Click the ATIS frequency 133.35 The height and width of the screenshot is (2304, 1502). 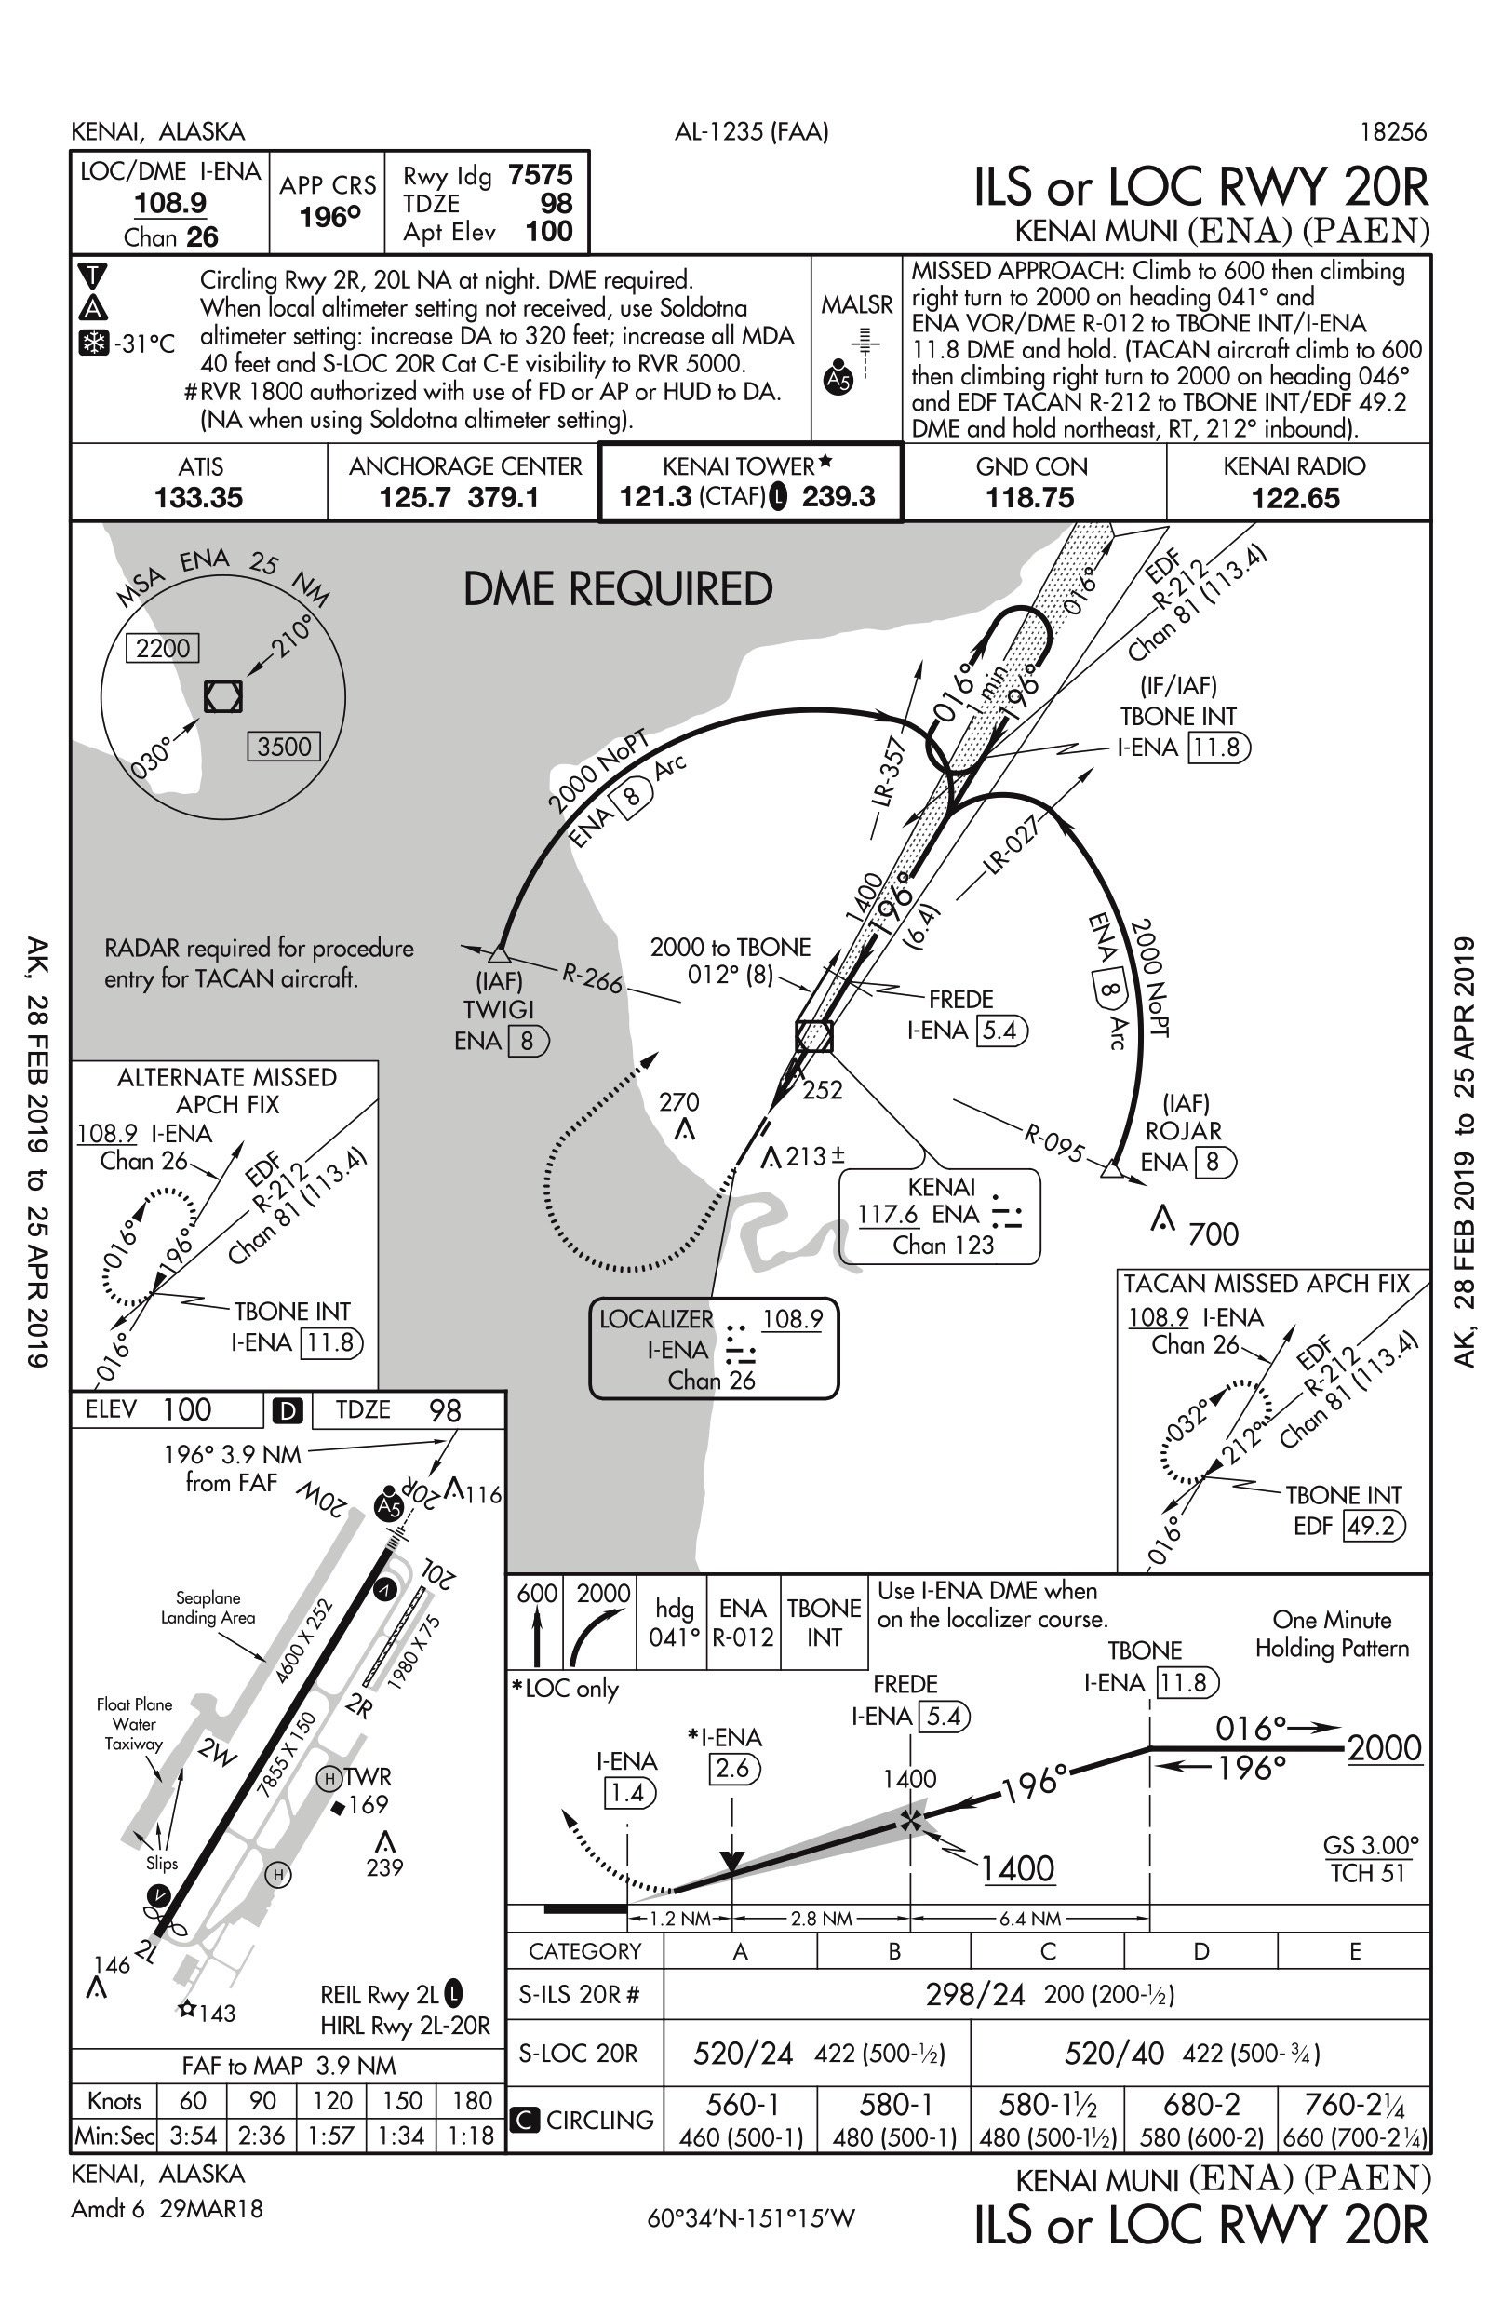coord(198,499)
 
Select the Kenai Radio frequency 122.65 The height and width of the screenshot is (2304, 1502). coord(1294,499)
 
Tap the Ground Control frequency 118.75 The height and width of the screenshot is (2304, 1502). coord(1030,499)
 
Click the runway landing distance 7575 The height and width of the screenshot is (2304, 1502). coord(540,175)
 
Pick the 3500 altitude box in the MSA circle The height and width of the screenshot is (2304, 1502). coord(284,747)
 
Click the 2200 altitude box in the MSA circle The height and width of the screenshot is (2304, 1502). coord(163,648)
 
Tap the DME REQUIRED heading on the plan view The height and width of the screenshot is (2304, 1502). coord(617,588)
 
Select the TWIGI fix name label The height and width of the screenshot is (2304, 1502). coord(498,1010)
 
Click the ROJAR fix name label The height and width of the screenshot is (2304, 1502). coord(1183,1131)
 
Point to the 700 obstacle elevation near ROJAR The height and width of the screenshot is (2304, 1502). coord(1213,1234)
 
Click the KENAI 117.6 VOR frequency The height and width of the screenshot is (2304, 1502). coord(888,1214)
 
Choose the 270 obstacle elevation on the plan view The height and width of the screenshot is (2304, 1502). coord(678,1101)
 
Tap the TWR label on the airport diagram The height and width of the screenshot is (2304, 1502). coord(368,1777)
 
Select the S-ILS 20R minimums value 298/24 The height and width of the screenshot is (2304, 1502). coord(974,1994)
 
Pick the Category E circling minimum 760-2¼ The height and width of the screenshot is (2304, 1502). coord(1353,2105)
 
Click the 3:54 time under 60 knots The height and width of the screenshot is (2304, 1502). coord(193,2135)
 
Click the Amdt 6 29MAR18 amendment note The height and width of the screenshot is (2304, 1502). coord(167,2208)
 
